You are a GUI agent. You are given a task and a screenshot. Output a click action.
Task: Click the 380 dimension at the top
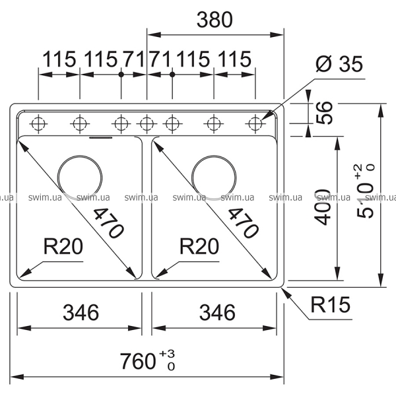[214, 20]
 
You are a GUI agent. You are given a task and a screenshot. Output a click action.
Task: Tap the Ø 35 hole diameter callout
[339, 65]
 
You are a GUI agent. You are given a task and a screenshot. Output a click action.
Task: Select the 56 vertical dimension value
[324, 113]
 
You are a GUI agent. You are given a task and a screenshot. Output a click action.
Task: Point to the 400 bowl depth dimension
[323, 207]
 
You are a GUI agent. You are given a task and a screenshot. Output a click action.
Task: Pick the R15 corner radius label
[330, 304]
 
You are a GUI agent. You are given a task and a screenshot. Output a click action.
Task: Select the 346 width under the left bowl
[80, 310]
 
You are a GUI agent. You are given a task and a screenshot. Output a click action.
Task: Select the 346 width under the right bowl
[215, 310]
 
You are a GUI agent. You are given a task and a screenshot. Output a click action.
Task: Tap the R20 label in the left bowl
[63, 247]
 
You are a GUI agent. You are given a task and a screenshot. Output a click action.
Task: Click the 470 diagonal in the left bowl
[107, 223]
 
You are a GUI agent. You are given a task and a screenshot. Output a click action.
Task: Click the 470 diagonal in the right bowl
[242, 223]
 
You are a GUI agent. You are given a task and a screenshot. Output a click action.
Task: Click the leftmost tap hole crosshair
[39, 123]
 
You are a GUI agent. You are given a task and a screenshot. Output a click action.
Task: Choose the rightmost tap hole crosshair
[255, 123]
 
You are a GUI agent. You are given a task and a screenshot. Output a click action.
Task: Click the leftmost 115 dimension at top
[59, 59]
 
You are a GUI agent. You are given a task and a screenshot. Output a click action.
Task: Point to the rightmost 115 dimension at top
[234, 59]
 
